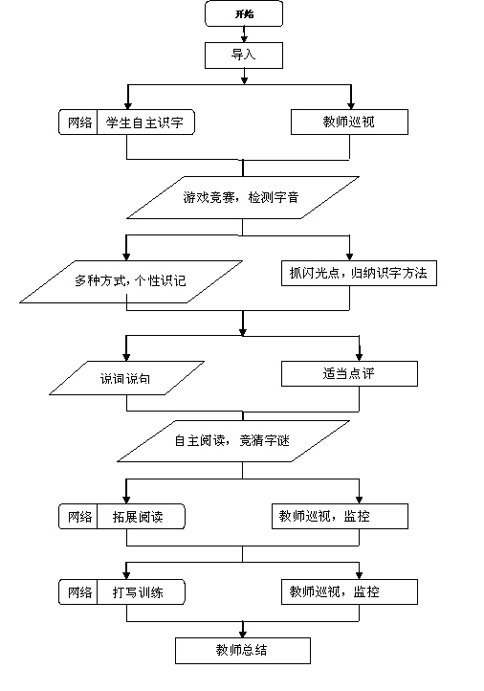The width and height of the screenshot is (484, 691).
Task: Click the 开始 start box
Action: tap(244, 13)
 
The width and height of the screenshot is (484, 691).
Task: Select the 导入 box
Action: tap(244, 56)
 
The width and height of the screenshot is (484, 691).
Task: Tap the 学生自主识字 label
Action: tap(144, 123)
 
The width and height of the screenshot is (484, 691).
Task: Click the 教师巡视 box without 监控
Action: tap(349, 123)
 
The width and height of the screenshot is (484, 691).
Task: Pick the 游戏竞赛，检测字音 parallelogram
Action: tap(243, 197)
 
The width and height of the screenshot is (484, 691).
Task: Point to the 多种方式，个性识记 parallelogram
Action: tap(131, 281)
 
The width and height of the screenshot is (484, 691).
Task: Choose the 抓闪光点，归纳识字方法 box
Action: tap(359, 273)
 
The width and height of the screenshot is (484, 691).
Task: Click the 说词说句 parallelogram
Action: tap(126, 378)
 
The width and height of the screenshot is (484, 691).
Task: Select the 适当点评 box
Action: tap(349, 373)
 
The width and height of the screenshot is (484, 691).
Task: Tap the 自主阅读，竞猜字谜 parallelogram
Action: tap(233, 441)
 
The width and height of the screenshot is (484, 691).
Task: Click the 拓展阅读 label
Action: tap(138, 517)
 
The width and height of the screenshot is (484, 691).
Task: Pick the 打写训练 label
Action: tap(138, 591)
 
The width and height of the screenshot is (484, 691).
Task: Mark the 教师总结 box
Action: tap(243, 651)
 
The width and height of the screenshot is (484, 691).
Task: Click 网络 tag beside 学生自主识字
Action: tap(79, 123)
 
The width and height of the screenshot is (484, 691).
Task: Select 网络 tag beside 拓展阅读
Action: tap(79, 517)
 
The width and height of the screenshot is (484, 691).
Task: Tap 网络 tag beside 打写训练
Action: tap(79, 591)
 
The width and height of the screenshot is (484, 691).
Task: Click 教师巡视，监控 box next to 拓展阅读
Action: tap(340, 517)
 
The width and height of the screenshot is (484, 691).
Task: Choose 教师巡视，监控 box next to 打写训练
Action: tap(349, 591)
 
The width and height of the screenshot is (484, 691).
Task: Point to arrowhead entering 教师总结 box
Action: tap(243, 634)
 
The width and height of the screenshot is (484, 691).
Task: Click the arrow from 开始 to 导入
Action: tap(244, 34)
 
